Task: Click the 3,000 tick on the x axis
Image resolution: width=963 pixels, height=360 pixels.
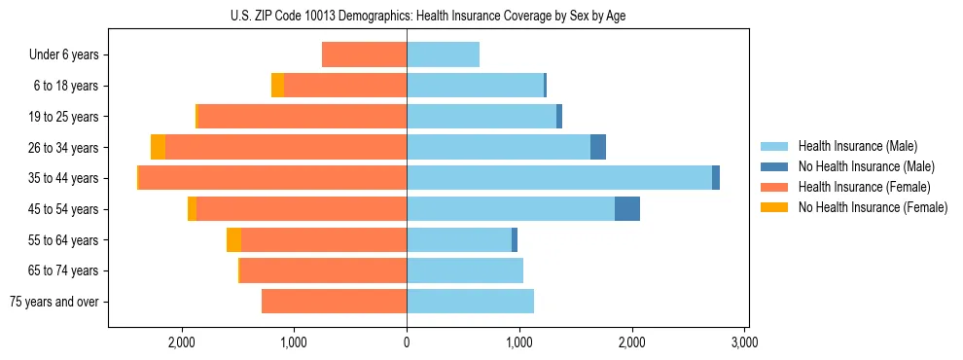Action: pyautogui.click(x=744, y=343)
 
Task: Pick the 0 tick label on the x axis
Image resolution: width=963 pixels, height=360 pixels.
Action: pyautogui.click(x=407, y=343)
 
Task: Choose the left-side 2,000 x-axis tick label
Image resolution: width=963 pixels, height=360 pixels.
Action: pyautogui.click(x=182, y=343)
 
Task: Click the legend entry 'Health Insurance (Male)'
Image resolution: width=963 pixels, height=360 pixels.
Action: pyautogui.click(x=858, y=146)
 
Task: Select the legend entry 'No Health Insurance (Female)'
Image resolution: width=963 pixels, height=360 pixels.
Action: pyautogui.click(x=873, y=207)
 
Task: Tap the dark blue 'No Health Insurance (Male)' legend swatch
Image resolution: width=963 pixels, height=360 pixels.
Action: pyautogui.click(x=775, y=166)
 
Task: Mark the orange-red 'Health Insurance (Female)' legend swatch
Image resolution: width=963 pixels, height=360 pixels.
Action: pyautogui.click(x=775, y=187)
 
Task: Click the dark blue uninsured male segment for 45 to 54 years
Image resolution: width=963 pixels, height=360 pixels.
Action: pyautogui.click(x=627, y=209)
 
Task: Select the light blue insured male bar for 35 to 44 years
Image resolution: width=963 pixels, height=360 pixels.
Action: pyautogui.click(x=559, y=178)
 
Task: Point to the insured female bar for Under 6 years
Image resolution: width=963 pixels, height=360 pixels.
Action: pyautogui.click(x=364, y=55)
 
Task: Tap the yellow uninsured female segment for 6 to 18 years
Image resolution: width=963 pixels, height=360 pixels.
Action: pyautogui.click(x=277, y=86)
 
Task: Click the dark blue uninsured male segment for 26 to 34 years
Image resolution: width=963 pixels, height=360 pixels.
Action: pyautogui.click(x=598, y=147)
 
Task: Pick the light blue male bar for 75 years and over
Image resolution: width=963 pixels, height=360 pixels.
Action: pyautogui.click(x=470, y=302)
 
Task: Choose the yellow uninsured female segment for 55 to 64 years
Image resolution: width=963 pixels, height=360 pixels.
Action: pyautogui.click(x=233, y=240)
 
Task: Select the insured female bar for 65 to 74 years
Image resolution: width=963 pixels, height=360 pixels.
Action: pyautogui.click(x=323, y=270)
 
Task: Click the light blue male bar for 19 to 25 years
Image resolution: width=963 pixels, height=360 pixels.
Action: pyautogui.click(x=481, y=117)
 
